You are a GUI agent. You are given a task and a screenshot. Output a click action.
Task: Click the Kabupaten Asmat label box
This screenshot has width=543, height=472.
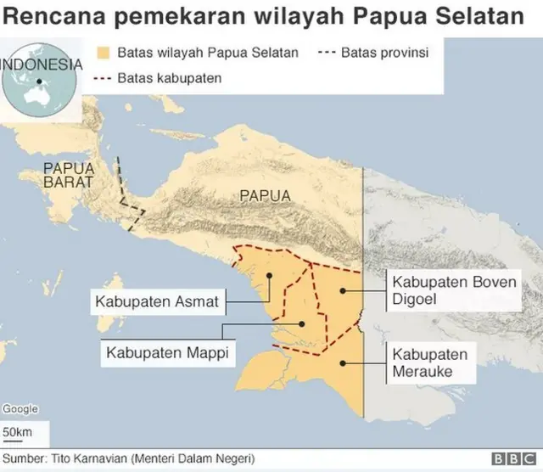click(157, 301)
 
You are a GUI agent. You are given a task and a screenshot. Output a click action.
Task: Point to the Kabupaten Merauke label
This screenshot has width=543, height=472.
click(430, 363)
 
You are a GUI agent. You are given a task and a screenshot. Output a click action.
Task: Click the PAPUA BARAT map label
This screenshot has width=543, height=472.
click(68, 175)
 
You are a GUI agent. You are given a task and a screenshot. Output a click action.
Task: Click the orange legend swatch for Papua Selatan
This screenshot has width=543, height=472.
click(105, 53)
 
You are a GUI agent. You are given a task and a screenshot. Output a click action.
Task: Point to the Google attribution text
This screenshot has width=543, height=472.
click(20, 409)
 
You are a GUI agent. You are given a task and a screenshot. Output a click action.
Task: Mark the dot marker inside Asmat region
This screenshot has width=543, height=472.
click(269, 275)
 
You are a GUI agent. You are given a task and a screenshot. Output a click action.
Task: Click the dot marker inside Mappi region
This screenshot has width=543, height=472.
click(301, 323)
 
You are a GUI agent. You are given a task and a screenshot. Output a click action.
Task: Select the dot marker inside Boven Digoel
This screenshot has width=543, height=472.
click(343, 290)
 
